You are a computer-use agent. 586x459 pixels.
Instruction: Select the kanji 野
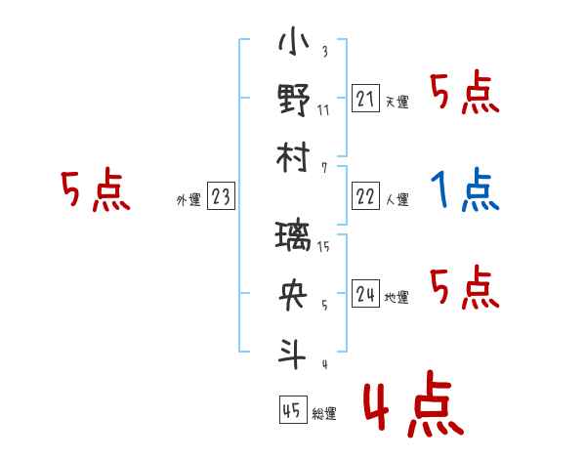pyautogui.click(x=293, y=102)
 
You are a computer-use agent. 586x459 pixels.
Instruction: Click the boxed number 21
pyautogui.click(x=365, y=98)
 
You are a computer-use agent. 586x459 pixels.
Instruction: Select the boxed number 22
pyautogui.click(x=365, y=196)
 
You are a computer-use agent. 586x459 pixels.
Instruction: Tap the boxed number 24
pyautogui.click(x=365, y=294)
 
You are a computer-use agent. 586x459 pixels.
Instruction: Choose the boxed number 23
pyautogui.click(x=221, y=197)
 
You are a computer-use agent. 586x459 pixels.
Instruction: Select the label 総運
pyautogui.click(x=324, y=414)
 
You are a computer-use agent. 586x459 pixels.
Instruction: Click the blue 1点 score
pyautogui.click(x=465, y=189)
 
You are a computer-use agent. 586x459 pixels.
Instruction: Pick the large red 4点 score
pyautogui.click(x=410, y=408)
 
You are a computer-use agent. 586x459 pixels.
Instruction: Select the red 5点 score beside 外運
pyautogui.click(x=95, y=190)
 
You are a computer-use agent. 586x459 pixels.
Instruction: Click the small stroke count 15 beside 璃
pyautogui.click(x=324, y=247)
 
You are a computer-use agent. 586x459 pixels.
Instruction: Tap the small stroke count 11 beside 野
pyautogui.click(x=323, y=108)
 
